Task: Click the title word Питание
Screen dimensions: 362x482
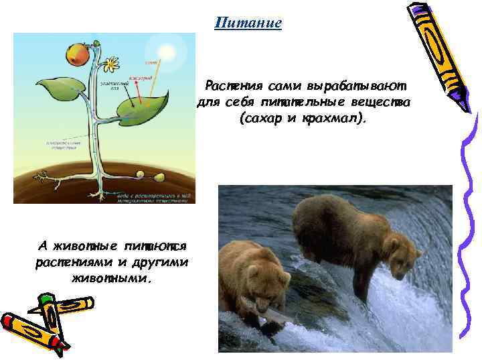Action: coord(248,23)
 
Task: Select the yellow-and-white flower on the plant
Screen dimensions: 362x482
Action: coord(110,64)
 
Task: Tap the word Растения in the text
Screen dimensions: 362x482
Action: coord(234,86)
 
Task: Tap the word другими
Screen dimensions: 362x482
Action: coord(161,261)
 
